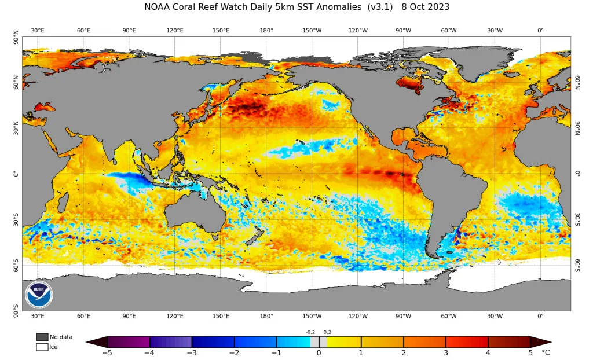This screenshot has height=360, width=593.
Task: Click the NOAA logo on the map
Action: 39,294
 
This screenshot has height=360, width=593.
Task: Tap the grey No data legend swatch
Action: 42,337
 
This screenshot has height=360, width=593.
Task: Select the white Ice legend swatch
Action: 42,347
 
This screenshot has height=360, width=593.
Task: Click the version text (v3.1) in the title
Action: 380,7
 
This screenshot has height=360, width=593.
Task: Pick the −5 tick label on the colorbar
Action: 107,353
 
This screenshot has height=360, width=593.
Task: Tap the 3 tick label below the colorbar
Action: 446,353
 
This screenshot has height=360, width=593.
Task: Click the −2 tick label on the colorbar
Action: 234,353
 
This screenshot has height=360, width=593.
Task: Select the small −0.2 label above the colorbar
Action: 310,332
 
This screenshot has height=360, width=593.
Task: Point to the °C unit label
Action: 546,353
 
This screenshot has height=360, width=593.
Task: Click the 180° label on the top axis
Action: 266,30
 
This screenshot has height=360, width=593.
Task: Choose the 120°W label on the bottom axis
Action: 358,316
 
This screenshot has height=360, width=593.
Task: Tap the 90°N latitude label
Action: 16,37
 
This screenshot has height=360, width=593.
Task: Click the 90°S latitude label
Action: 16,311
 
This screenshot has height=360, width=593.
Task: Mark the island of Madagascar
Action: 63,202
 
